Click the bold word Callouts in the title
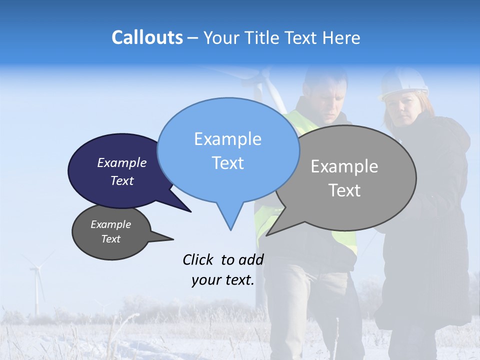(147, 37)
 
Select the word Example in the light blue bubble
(227, 139)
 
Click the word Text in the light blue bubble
(227, 163)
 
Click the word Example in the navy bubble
(121, 162)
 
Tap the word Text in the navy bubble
(121, 180)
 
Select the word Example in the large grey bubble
(344, 166)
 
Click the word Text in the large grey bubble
(344, 190)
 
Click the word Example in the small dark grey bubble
(110, 224)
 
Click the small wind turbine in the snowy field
(36, 285)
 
